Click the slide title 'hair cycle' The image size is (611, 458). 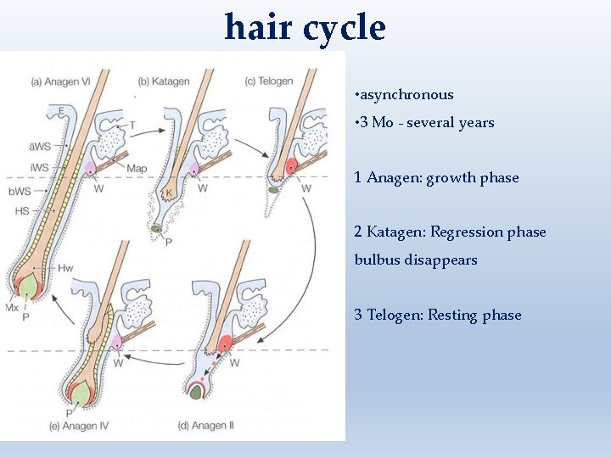305,27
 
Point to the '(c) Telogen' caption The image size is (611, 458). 268,81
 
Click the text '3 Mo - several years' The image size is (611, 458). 424,122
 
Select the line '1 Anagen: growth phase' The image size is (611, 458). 436,178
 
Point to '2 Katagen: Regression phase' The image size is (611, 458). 450,232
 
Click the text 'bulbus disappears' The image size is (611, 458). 416,260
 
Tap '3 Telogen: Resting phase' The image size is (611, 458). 438,316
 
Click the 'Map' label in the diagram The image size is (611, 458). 136,169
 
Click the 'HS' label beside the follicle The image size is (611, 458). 23,210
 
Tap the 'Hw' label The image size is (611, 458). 65,269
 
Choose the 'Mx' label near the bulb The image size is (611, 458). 12,308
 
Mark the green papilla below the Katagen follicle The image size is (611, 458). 158,230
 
